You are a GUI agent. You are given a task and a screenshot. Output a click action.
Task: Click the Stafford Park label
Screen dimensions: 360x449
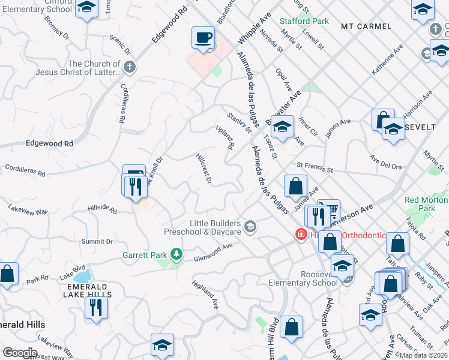[304, 21]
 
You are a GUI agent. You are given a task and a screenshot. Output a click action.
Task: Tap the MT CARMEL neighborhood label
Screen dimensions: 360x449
[366, 26]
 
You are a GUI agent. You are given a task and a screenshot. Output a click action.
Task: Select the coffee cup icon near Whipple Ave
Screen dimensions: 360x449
[203, 39]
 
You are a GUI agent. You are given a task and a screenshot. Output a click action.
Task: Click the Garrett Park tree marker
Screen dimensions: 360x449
[176, 254]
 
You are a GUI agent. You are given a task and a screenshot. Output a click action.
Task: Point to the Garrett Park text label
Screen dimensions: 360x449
[145, 255]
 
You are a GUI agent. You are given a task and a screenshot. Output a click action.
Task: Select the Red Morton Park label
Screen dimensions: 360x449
[427, 205]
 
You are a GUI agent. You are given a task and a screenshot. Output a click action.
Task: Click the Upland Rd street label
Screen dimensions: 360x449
[225, 137]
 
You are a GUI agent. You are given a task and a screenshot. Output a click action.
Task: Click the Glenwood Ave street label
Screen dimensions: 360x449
[213, 252]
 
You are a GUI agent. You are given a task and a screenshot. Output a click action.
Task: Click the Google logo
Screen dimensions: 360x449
[20, 352]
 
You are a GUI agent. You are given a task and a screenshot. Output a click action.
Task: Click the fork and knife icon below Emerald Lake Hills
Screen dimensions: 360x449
[96, 308]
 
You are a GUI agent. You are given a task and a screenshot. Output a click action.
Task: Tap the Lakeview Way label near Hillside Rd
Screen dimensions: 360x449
[28, 211]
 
